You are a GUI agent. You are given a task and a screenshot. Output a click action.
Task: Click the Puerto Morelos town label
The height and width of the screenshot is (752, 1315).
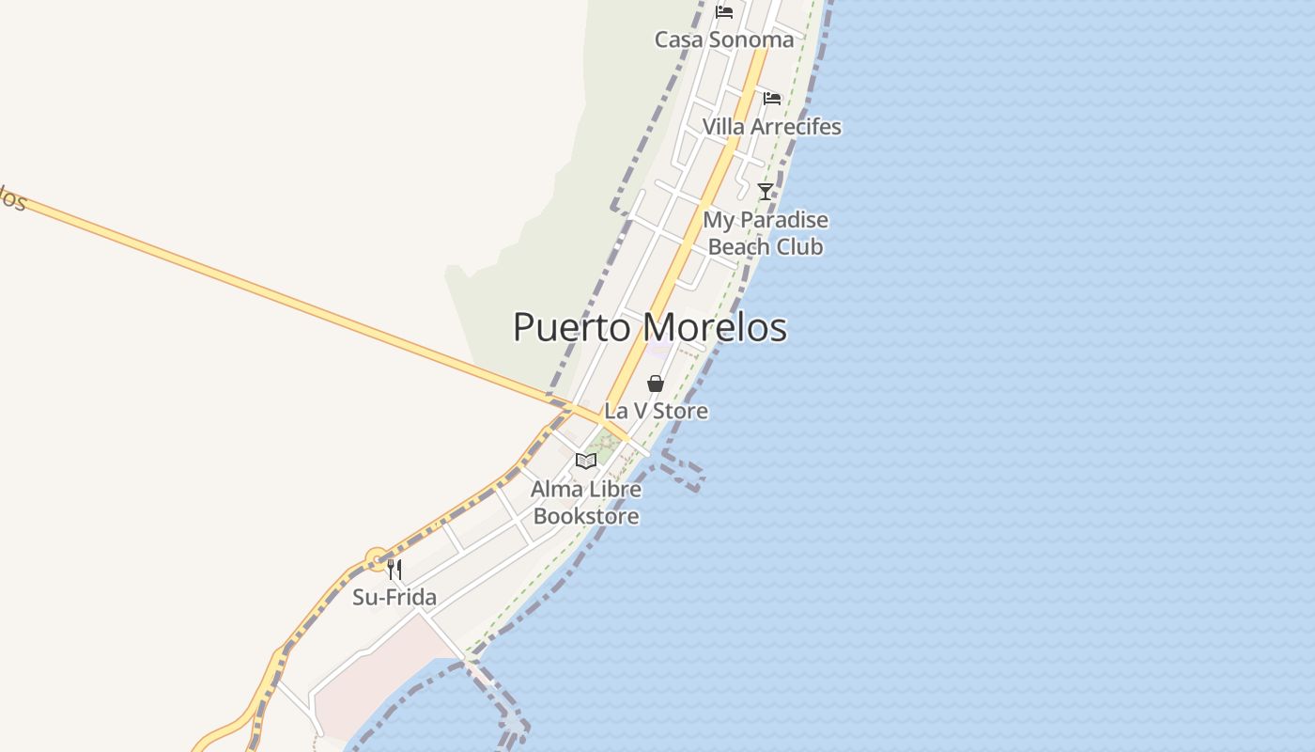(650, 327)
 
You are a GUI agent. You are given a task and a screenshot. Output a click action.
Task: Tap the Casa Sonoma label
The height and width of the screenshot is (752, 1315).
(724, 39)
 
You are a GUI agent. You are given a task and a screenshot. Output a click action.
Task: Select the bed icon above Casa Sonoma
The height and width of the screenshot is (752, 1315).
(724, 12)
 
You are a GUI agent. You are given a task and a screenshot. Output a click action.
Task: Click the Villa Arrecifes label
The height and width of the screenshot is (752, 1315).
(772, 126)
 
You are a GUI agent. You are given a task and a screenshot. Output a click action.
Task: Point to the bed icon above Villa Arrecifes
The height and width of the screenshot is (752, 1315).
(772, 98)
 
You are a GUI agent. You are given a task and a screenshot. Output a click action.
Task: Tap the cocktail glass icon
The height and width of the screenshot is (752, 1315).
(766, 192)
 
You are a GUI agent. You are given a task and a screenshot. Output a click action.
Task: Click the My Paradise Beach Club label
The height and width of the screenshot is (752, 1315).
(766, 233)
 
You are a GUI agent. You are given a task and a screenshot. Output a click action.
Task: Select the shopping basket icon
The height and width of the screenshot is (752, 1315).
(656, 384)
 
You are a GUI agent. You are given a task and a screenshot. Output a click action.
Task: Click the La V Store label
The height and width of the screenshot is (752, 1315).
(656, 411)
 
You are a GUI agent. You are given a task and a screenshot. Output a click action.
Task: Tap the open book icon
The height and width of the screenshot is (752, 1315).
(586, 461)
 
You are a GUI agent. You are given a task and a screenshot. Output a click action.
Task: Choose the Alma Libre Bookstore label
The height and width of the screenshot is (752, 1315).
(586, 502)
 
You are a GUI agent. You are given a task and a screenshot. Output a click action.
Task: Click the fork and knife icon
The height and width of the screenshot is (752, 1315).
(394, 570)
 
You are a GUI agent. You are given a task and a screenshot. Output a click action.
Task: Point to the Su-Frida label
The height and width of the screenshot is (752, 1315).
(394, 597)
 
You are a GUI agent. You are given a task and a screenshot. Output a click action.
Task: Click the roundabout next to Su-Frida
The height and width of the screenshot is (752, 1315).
(378, 561)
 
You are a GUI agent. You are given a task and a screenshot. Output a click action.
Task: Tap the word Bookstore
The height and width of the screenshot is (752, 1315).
(586, 516)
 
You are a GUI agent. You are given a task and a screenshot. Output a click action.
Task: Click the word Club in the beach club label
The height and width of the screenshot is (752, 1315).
(799, 246)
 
